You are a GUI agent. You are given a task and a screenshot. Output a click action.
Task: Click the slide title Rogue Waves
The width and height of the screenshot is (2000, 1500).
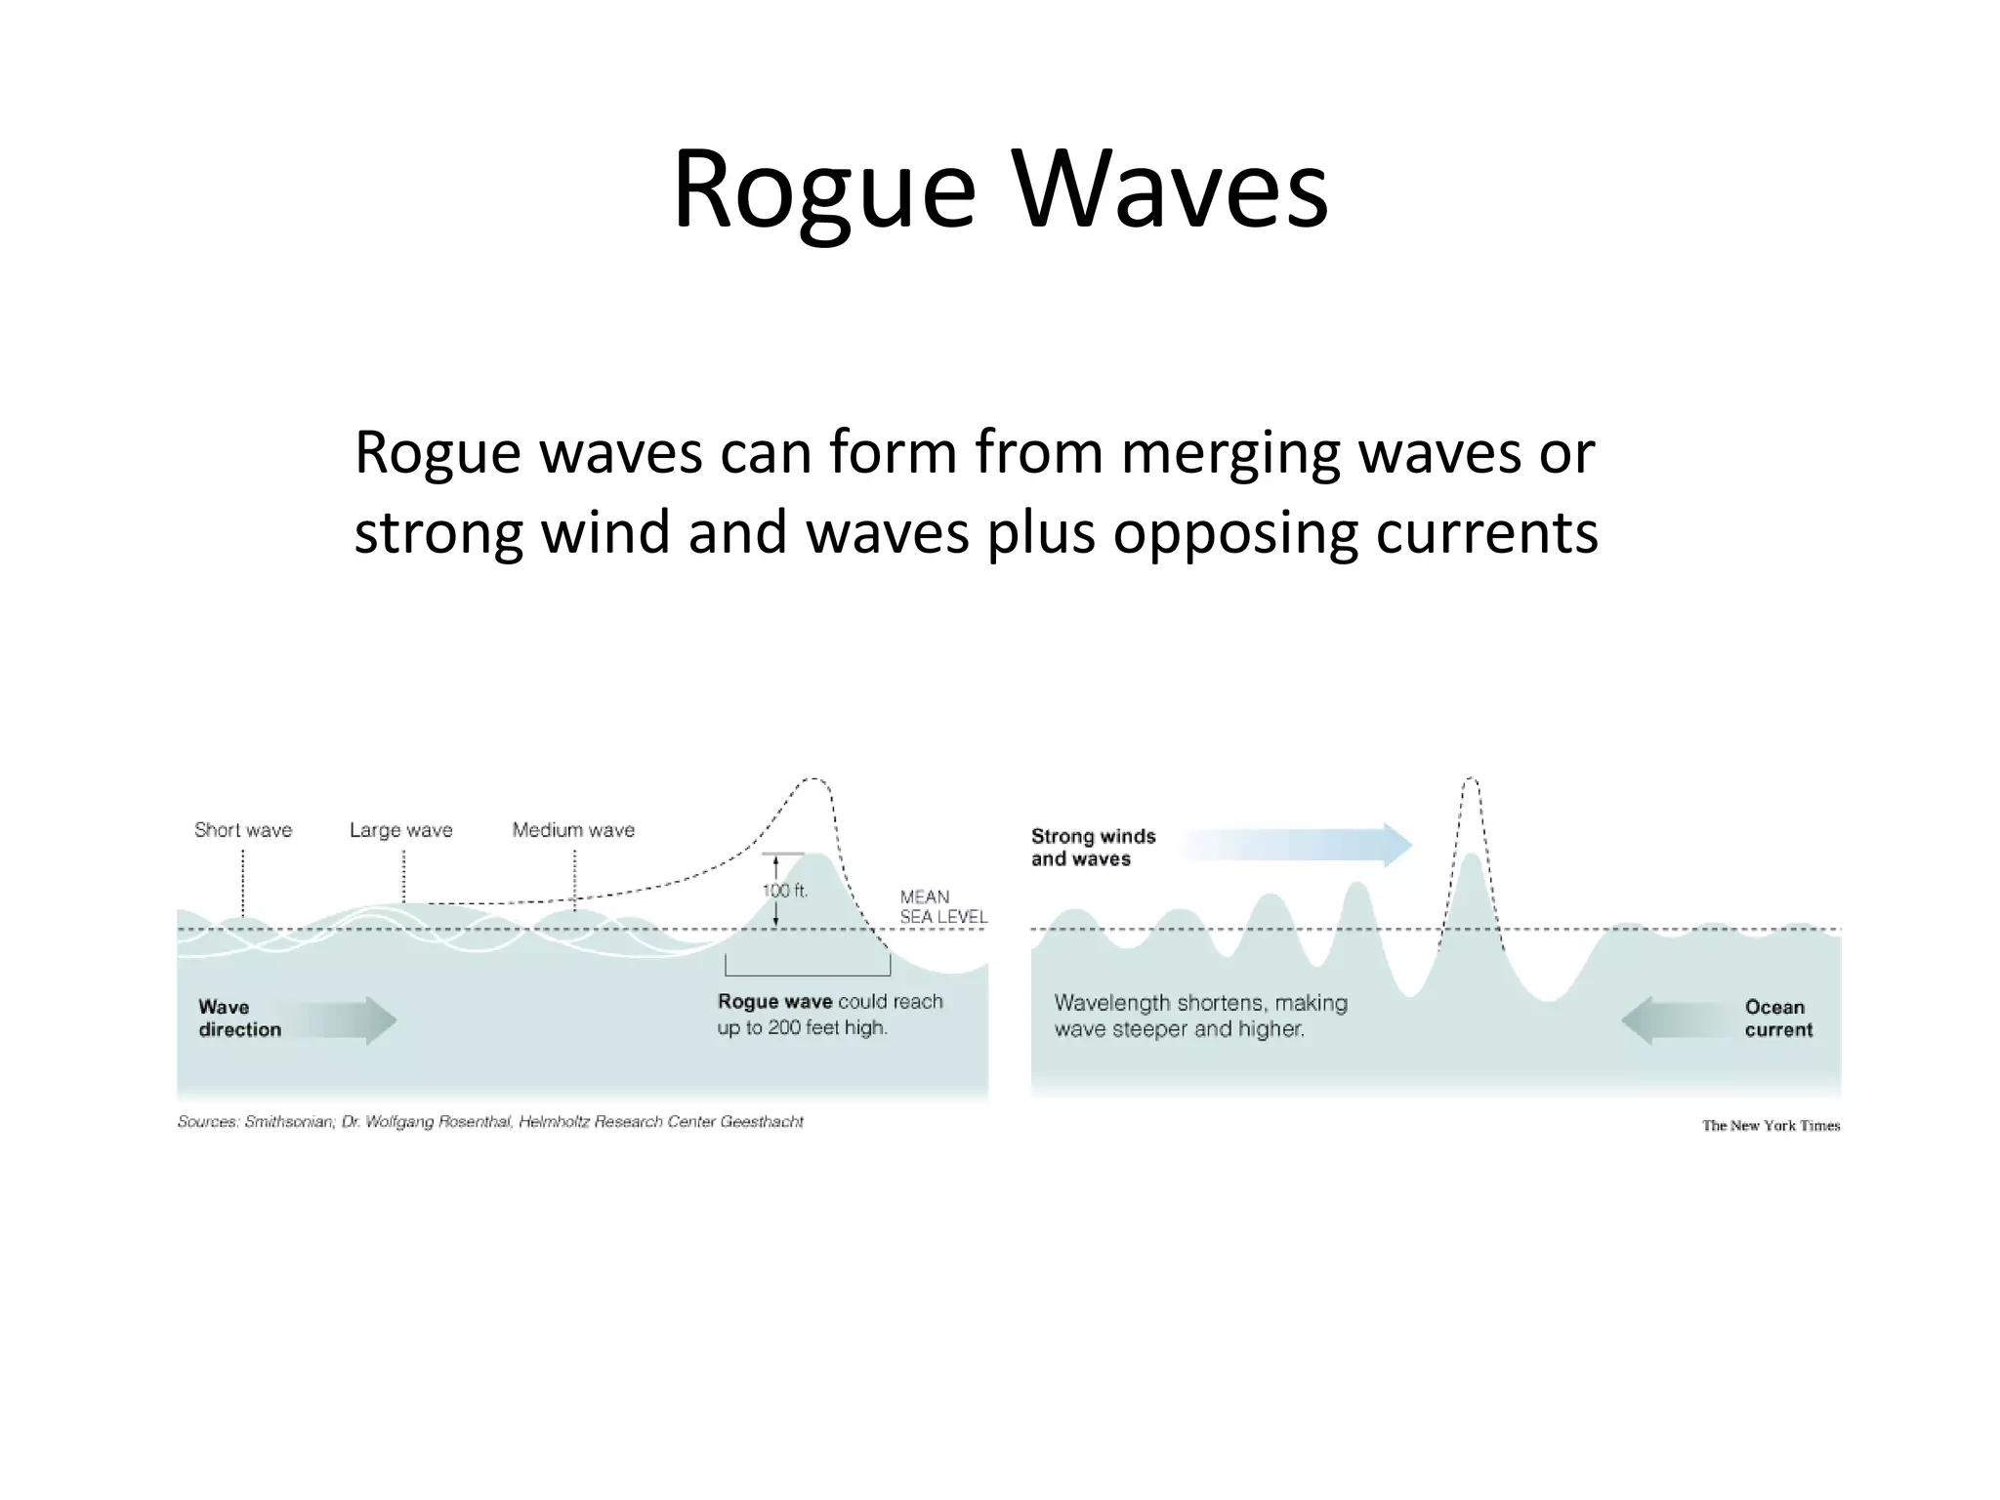coord(1000,188)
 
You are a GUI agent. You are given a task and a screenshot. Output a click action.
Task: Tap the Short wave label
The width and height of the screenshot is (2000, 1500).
coord(243,830)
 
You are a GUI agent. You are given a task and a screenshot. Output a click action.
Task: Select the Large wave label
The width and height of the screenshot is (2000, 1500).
coord(401,830)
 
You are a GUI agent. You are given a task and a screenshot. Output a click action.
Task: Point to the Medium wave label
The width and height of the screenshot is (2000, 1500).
coord(573,830)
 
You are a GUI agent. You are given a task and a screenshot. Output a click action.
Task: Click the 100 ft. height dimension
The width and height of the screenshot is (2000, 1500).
coord(784,891)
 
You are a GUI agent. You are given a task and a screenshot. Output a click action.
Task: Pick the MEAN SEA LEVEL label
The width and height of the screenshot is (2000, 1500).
coord(942,906)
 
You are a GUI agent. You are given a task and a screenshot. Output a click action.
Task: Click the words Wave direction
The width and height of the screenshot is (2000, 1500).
coord(239,1019)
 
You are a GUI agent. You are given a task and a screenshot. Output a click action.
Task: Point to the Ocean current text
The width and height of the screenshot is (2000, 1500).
coord(1778,1019)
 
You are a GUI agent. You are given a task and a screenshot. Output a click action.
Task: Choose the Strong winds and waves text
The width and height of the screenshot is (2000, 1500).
coord(1093,848)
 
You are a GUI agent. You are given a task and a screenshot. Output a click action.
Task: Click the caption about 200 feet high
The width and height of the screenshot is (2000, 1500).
coord(830,1015)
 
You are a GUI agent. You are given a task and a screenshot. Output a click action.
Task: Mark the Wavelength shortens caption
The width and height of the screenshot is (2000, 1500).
coord(1200,1016)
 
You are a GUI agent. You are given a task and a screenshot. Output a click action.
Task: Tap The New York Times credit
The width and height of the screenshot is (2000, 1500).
coord(1771,1126)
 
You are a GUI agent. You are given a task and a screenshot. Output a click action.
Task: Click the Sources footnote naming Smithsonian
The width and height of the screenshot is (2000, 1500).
coord(490,1122)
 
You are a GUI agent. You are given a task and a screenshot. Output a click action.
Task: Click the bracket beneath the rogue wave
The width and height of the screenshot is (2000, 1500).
coord(808,973)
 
